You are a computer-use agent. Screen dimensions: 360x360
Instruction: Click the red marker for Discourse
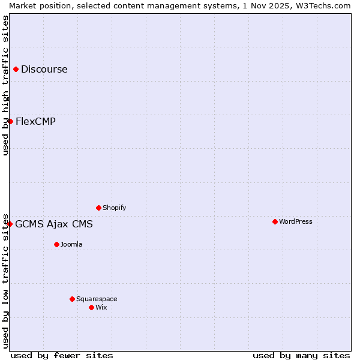click(x=16, y=70)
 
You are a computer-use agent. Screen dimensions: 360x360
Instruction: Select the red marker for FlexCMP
click(x=10, y=122)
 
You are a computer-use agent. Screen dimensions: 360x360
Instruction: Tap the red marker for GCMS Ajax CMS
click(x=10, y=224)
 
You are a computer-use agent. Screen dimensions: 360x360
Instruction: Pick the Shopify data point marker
click(x=98, y=208)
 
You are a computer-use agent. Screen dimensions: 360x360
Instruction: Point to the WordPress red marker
click(x=275, y=222)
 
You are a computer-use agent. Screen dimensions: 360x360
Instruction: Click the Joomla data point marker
click(x=56, y=245)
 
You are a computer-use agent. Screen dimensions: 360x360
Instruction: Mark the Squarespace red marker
click(x=72, y=299)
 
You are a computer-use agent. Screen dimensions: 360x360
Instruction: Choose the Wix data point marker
click(x=91, y=308)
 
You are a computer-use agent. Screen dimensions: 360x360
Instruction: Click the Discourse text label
click(x=44, y=70)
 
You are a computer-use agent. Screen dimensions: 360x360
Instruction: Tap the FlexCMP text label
click(x=36, y=122)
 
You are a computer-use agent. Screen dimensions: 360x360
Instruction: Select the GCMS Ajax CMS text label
click(x=54, y=224)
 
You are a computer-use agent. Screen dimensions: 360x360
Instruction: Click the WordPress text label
click(x=296, y=222)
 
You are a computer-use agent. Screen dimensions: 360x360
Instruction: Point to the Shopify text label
click(x=115, y=208)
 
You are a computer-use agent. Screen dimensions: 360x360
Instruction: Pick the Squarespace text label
click(x=97, y=299)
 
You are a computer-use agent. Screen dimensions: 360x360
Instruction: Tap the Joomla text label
click(x=71, y=245)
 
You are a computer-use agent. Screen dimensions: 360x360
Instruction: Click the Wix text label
click(x=101, y=308)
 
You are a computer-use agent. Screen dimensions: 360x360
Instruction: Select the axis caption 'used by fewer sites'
click(x=62, y=356)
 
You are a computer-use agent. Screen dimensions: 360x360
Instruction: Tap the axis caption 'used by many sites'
click(x=301, y=356)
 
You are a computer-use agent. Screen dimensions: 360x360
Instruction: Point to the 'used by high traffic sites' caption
click(x=5, y=85)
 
